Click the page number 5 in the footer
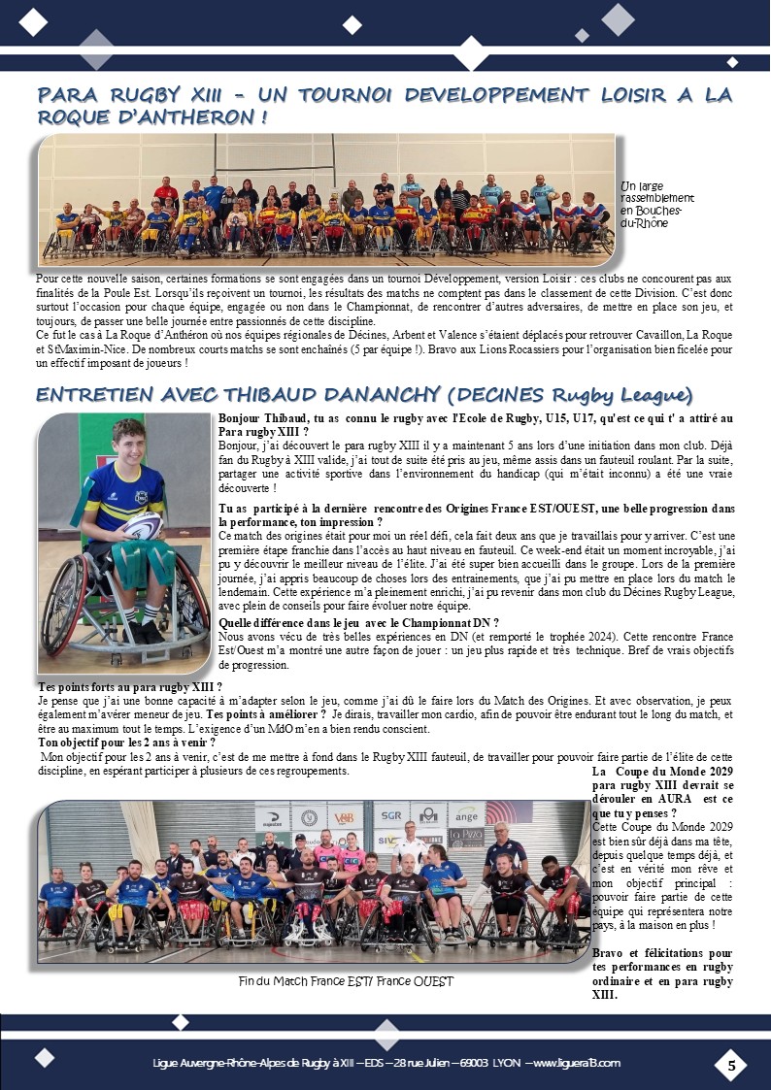click(x=731, y=1065)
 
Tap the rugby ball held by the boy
click(x=143, y=526)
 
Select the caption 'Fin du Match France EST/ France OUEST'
click(x=346, y=981)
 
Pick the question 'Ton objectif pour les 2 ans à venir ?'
click(x=113, y=743)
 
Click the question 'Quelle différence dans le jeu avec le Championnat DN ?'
click(x=359, y=623)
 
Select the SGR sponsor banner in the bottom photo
click(x=391, y=816)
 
